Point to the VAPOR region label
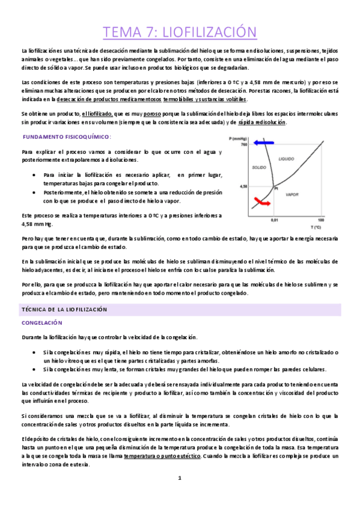click(292, 194)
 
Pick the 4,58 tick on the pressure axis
click(243, 186)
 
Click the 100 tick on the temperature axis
click(321, 221)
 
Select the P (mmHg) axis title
click(240, 138)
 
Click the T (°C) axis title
click(316, 227)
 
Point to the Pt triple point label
click(277, 189)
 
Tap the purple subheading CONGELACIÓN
click(41, 323)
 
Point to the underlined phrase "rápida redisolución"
click(261, 123)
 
